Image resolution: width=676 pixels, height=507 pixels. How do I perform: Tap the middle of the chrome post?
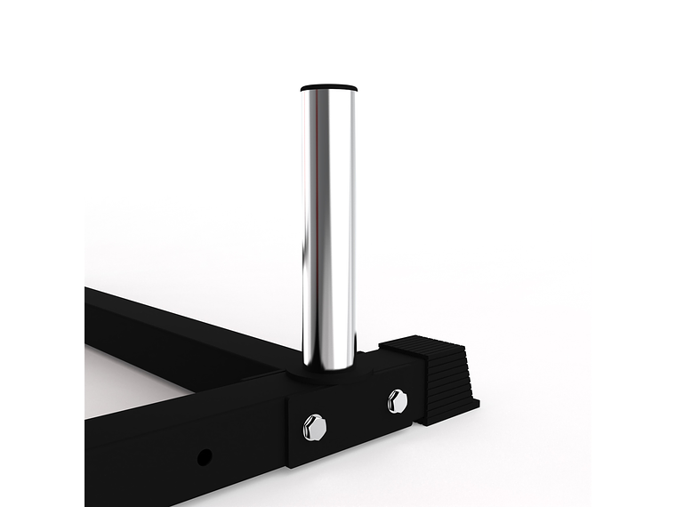tap(329, 222)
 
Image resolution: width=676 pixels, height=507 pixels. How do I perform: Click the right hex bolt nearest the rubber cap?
tap(397, 401)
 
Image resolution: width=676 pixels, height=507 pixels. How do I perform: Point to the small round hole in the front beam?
tap(204, 457)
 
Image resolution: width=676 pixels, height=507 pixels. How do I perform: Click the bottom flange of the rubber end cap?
tap(454, 411)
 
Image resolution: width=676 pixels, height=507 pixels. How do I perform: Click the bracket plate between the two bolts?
tap(356, 415)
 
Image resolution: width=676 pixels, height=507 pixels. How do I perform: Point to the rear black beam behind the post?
tap(178, 329)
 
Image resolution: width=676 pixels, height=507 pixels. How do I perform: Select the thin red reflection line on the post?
tap(314, 222)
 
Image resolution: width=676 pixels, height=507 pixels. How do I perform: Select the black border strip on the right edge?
tap(633, 253)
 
